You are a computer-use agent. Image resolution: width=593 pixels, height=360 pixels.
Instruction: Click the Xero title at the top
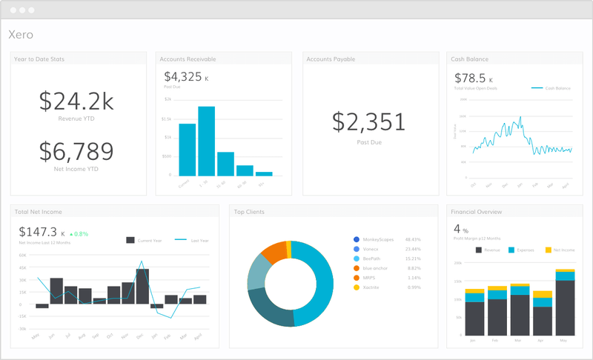tap(21, 35)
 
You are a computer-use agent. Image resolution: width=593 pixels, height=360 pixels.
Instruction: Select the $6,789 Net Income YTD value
tap(76, 151)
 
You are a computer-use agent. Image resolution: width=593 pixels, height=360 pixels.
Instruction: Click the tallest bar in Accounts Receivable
tap(207, 141)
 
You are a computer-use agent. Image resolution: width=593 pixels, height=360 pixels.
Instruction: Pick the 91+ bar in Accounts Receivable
tap(264, 174)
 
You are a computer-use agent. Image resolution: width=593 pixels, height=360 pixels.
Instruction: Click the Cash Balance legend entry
tap(552, 88)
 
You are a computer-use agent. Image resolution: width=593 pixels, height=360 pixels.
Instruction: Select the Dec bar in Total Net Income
tap(142, 286)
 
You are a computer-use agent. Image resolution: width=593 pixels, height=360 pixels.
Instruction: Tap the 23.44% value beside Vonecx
tap(413, 249)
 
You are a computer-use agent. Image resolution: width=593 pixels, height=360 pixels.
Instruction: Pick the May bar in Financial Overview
tap(566, 304)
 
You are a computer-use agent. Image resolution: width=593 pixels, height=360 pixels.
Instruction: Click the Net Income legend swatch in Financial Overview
tap(548, 250)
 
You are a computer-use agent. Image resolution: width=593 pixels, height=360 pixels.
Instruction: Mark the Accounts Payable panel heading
tap(331, 59)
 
